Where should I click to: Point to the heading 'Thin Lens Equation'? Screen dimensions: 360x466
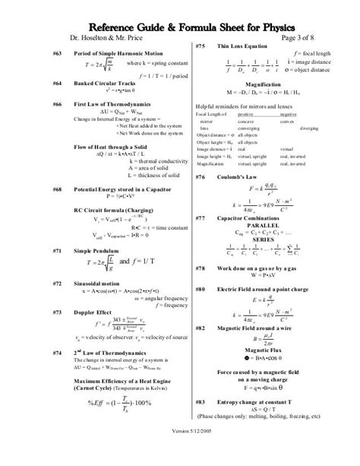coord(243,47)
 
